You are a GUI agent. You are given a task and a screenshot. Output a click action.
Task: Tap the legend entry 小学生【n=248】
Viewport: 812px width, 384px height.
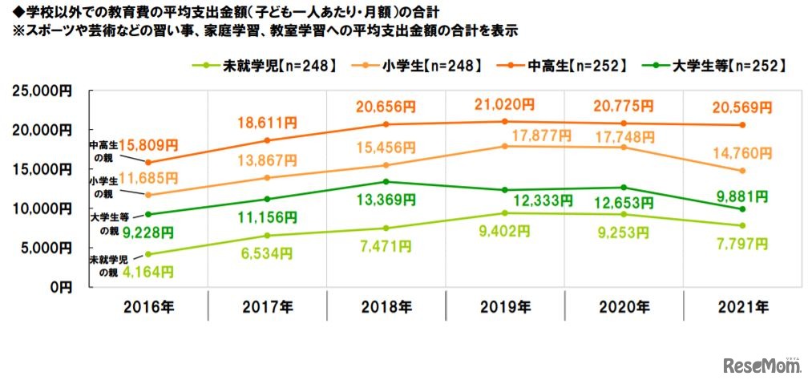(423, 66)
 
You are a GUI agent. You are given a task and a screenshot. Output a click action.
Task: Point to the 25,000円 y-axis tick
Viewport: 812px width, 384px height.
(44, 91)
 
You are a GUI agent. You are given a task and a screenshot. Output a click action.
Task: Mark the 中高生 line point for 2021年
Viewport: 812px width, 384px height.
(742, 125)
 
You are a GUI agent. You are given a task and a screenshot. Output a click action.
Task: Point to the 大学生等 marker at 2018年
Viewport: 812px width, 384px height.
(386, 181)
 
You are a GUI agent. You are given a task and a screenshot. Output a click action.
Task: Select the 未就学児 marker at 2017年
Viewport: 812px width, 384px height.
(267, 235)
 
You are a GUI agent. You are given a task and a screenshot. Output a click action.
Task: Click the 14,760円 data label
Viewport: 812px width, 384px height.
(742, 152)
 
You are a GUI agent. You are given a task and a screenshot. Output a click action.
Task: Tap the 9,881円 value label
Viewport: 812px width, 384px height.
(742, 195)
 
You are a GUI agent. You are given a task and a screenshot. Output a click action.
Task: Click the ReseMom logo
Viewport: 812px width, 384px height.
(762, 366)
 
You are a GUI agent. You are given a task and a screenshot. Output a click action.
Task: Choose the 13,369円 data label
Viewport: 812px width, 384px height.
(386, 200)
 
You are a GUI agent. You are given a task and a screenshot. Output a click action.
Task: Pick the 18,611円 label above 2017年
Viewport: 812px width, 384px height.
(267, 122)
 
